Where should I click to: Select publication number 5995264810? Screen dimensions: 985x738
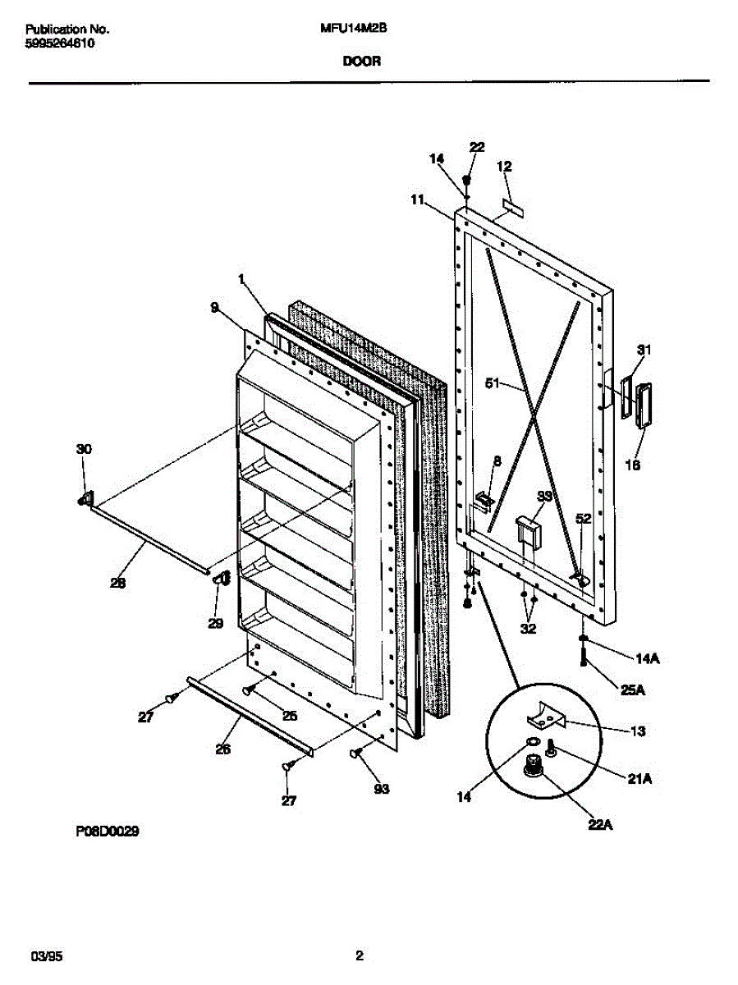(x=59, y=44)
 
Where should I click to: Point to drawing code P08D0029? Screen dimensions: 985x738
(x=108, y=832)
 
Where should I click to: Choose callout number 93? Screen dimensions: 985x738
(x=382, y=790)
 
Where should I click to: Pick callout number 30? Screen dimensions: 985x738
(x=84, y=449)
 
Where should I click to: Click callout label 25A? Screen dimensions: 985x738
(x=633, y=689)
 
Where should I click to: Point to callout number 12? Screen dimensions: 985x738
(x=504, y=166)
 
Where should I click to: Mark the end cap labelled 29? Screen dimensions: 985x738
(x=219, y=580)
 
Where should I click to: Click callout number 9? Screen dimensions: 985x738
(x=214, y=308)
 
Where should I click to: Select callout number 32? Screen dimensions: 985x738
(x=528, y=630)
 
